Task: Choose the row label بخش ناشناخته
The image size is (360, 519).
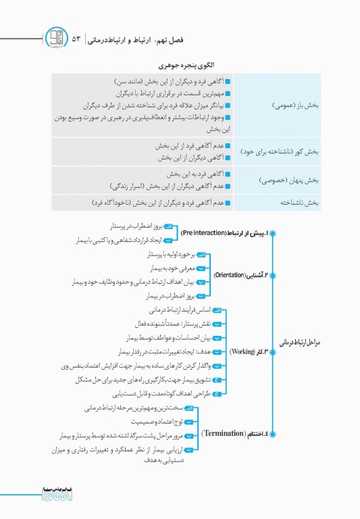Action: coord(301,202)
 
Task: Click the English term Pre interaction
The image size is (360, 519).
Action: coord(203,232)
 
